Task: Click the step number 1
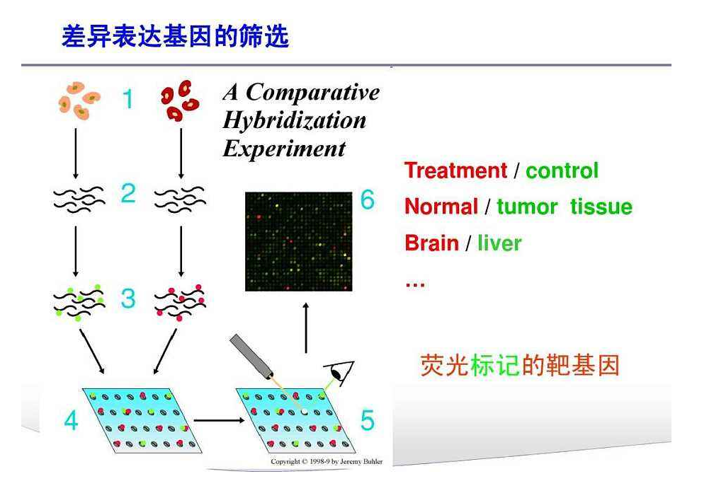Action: [128, 98]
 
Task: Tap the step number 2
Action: [128, 193]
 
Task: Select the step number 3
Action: [128, 299]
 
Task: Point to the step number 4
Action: [71, 420]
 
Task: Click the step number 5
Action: [368, 420]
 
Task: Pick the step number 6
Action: [368, 199]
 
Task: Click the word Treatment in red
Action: [456, 170]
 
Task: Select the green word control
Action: [562, 171]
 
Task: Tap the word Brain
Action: [431, 243]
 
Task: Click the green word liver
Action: [499, 243]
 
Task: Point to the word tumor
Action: [527, 207]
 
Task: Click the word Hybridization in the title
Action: [295, 121]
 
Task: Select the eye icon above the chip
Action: [339, 373]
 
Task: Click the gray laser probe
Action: [251, 357]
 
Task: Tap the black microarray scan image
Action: [299, 241]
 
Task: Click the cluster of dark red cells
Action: [180, 100]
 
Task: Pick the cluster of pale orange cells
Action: [79, 100]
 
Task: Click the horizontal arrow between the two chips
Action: [220, 421]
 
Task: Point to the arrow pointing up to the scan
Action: [306, 328]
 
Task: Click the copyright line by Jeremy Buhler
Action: [327, 461]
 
